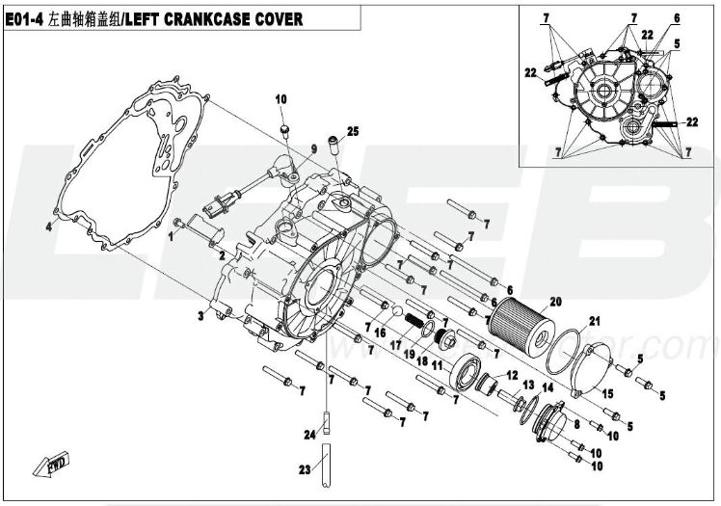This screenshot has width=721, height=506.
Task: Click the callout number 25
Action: (x=352, y=131)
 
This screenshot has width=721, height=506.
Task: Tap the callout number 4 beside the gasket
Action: (x=46, y=228)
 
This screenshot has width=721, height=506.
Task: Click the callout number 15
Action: (x=607, y=393)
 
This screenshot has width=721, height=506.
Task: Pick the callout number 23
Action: (x=305, y=470)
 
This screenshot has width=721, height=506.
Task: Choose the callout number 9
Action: (x=313, y=147)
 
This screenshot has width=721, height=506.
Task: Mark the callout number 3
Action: (x=200, y=316)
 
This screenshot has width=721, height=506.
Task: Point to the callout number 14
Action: (x=547, y=386)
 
